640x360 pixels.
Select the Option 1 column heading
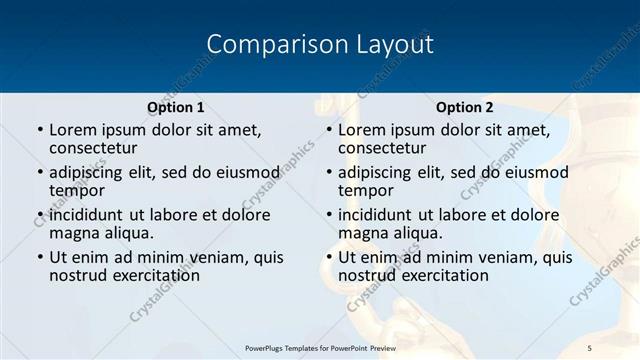click(176, 107)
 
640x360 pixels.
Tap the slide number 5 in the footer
click(590, 347)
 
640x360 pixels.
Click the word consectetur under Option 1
click(98, 149)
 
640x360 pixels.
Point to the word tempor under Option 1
click(77, 191)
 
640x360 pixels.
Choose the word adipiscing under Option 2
click(380, 172)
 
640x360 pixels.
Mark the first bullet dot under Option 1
click(38, 131)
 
